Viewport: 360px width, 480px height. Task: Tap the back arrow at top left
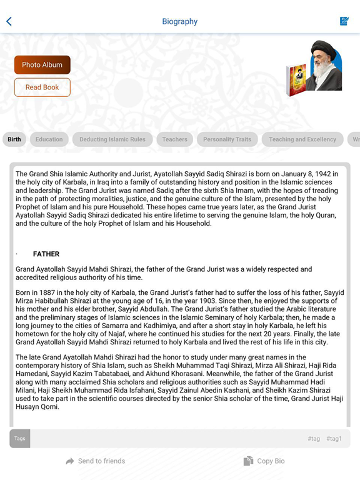click(9, 21)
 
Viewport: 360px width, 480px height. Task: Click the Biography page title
click(179, 21)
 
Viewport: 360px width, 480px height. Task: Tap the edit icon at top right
click(344, 21)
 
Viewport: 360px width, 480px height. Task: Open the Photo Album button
click(42, 65)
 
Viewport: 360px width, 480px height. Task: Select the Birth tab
click(14, 139)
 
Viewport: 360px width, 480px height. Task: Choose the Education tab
click(49, 139)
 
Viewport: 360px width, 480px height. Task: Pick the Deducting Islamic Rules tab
click(112, 139)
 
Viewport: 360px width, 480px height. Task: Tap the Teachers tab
click(174, 139)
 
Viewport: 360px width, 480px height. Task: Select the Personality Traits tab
click(227, 139)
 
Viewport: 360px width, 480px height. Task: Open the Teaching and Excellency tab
click(302, 139)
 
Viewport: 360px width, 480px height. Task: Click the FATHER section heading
click(46, 254)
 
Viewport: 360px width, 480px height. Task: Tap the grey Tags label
click(20, 438)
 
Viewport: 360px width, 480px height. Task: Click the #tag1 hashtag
click(334, 439)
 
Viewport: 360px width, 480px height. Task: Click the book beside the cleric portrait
click(297, 79)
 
